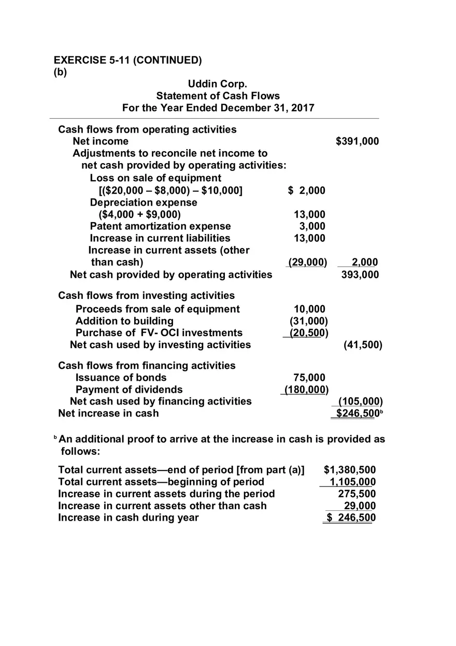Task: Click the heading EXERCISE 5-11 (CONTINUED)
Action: [127, 60]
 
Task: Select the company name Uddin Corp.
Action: [218, 84]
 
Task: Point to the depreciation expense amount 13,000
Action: [309, 214]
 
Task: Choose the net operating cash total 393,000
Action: [360, 275]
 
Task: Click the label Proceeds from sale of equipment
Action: [158, 309]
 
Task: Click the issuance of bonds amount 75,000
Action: [309, 378]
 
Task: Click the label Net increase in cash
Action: [108, 413]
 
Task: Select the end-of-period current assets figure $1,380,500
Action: [350, 470]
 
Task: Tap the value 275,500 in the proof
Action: [357, 494]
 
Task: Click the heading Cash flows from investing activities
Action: [146, 296]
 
